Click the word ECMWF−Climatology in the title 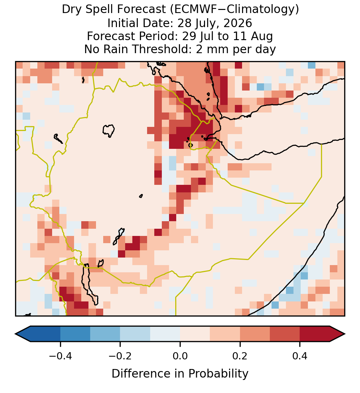pyautogui.click(x=234, y=10)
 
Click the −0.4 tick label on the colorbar pyautogui.click(x=60, y=356)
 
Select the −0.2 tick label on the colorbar pyautogui.click(x=120, y=356)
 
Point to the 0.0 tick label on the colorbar pyautogui.click(x=180, y=356)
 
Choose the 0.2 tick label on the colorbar pyautogui.click(x=240, y=356)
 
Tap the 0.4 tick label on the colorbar pyautogui.click(x=300, y=356)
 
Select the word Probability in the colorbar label pyautogui.click(x=218, y=374)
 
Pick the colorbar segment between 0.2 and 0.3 pyautogui.click(x=255, y=334)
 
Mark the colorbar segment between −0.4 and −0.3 pyautogui.click(x=75, y=334)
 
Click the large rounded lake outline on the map pyautogui.click(x=103, y=130)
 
